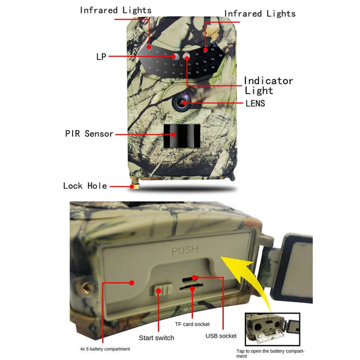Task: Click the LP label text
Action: (x=101, y=57)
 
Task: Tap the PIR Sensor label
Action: (x=89, y=134)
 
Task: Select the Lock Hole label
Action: (x=85, y=185)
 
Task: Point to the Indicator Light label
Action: (x=268, y=85)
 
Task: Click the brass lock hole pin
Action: (x=136, y=183)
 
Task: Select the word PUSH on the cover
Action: (x=184, y=251)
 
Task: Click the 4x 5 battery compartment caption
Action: (x=105, y=349)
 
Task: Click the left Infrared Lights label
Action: (x=116, y=10)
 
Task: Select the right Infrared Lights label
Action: (x=260, y=13)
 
